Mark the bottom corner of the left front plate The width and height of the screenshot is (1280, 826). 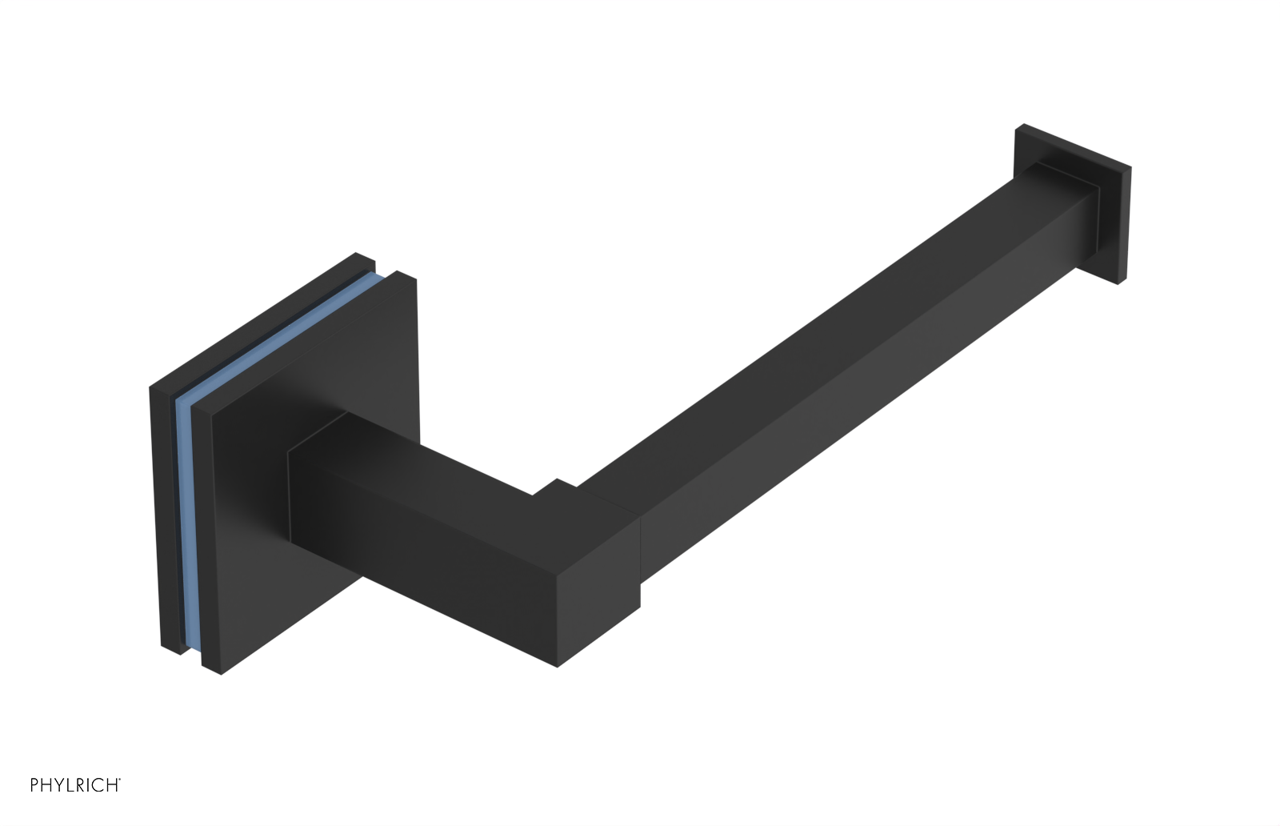click(221, 673)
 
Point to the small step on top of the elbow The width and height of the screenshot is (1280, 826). click(552, 487)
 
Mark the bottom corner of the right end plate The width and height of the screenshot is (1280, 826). click(1117, 282)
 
